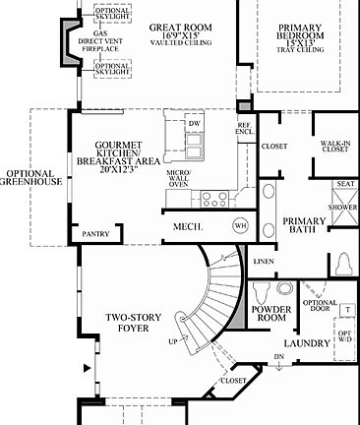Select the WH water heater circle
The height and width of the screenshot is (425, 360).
[x=240, y=225]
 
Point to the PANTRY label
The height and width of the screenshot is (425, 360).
[x=95, y=234]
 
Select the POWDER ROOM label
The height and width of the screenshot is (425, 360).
[x=270, y=313]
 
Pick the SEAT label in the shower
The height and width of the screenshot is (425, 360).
[x=345, y=184]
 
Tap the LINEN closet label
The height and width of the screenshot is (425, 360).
[x=263, y=262]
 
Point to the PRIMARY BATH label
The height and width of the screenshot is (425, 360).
[x=304, y=225]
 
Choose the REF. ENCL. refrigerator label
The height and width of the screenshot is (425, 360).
[x=244, y=129]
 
